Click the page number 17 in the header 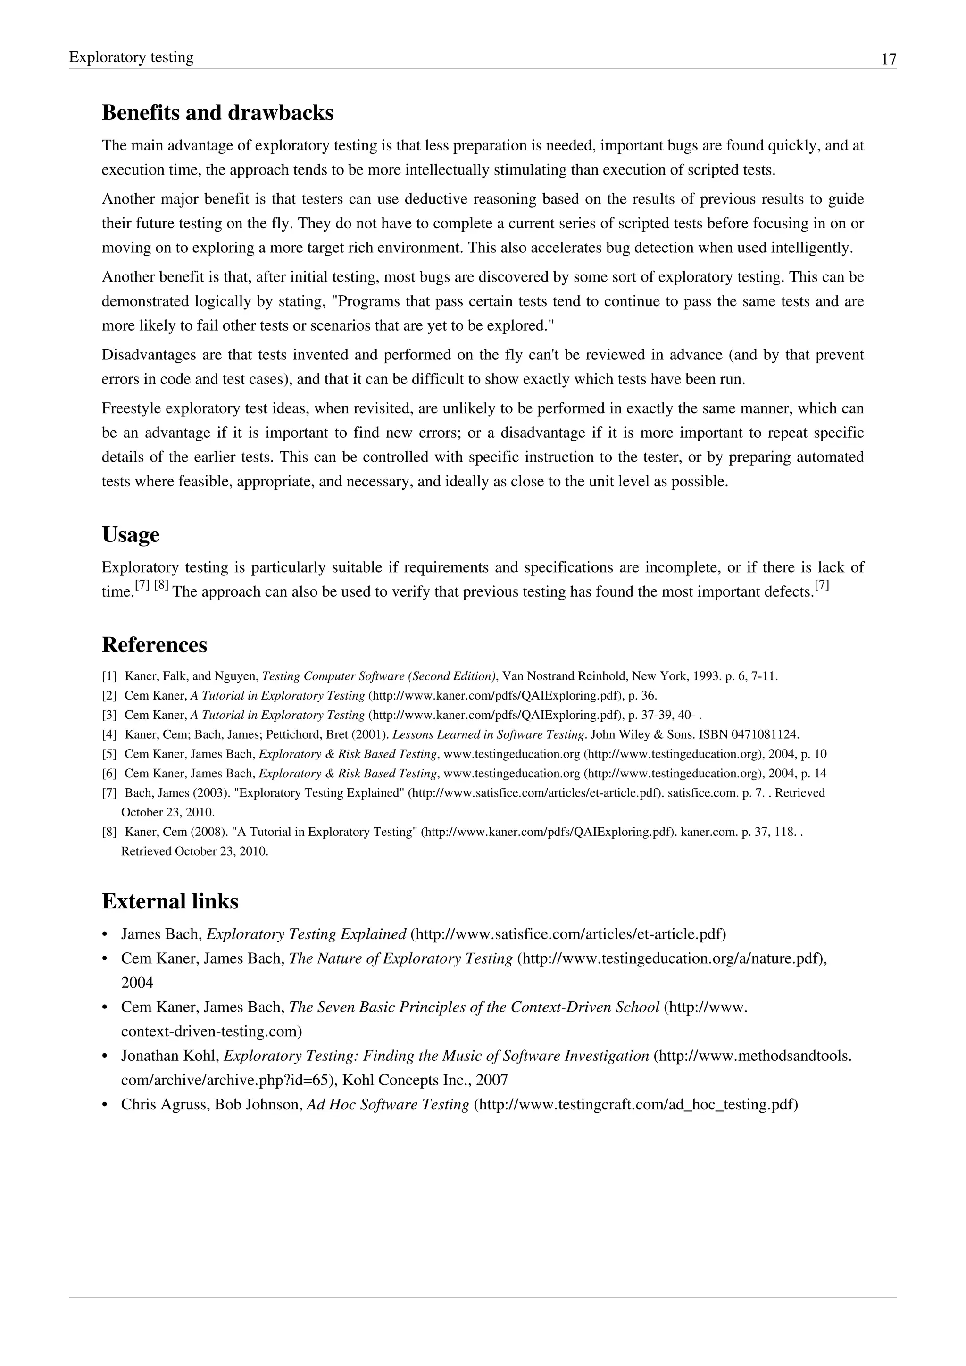(x=888, y=59)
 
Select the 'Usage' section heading (x=130, y=534)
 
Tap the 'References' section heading (x=154, y=645)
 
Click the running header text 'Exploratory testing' (x=131, y=57)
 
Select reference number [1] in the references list (x=109, y=676)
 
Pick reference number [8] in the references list (x=109, y=832)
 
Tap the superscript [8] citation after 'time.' (x=161, y=585)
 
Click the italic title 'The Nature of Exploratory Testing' (x=400, y=959)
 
